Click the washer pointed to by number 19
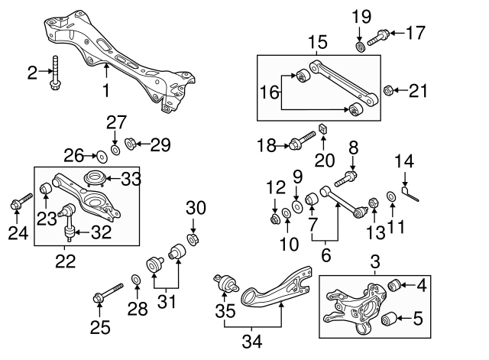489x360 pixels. pos(360,48)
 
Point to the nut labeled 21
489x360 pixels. pos(387,91)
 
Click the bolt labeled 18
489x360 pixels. pos(299,142)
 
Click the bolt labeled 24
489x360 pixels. pos(18,202)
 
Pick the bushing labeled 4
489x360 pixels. pos(396,286)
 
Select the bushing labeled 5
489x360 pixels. pos(389,319)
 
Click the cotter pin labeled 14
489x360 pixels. pos(410,191)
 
